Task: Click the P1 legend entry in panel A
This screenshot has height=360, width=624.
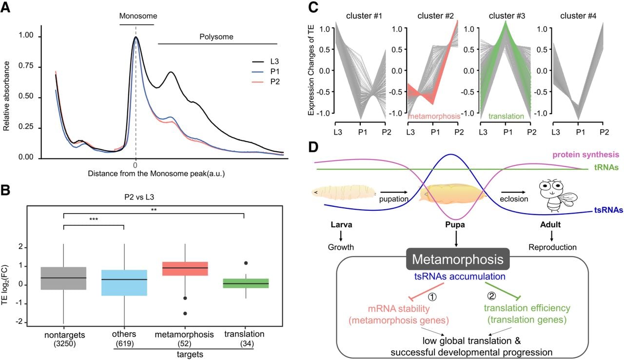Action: [266, 72]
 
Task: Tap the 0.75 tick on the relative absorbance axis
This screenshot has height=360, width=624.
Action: [26, 66]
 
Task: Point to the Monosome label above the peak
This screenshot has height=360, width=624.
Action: [138, 16]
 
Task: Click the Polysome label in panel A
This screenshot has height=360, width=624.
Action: [216, 37]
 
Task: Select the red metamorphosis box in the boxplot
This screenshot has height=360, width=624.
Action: [185, 269]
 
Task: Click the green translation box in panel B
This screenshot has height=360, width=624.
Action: [246, 283]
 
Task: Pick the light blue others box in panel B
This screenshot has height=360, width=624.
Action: [124, 282]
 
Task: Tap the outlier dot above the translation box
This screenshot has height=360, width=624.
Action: [246, 263]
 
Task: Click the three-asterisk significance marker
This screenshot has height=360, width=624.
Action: [94, 220]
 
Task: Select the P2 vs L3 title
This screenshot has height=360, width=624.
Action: [139, 197]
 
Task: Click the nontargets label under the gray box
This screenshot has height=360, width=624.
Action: [65, 335]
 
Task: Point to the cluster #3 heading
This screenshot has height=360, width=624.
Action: [507, 16]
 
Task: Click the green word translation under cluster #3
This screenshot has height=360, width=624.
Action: [506, 116]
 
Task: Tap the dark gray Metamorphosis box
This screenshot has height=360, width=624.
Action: [458, 259]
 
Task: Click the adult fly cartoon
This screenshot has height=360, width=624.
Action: [558, 196]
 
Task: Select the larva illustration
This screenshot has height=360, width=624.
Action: [344, 192]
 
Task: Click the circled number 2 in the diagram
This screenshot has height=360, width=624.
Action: [491, 296]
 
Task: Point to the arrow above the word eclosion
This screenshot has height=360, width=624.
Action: [513, 192]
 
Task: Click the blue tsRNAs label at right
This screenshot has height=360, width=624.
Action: [608, 210]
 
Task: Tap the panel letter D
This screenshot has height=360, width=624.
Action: [313, 147]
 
